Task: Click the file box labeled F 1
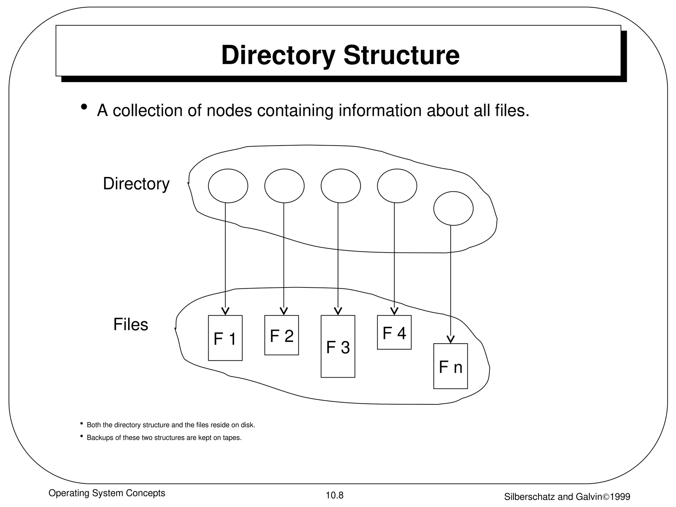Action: [x=225, y=338]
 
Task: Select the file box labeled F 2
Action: [x=282, y=335]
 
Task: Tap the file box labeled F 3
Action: [x=338, y=346]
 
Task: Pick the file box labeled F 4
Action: [x=394, y=332]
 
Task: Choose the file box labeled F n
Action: [x=451, y=366]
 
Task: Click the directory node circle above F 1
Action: [x=228, y=186]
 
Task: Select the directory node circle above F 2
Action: [x=284, y=186]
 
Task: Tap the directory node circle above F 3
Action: [x=341, y=186]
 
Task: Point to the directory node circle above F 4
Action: [x=397, y=186]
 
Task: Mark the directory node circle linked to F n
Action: [x=453, y=208]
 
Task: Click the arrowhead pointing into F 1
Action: [x=225, y=311]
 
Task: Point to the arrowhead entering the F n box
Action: [x=451, y=339]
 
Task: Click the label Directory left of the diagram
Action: [x=136, y=184]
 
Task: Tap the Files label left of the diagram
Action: [x=131, y=324]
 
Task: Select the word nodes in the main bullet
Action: [x=229, y=110]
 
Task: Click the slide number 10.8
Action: [x=335, y=495]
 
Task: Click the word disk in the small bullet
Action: [x=247, y=425]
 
